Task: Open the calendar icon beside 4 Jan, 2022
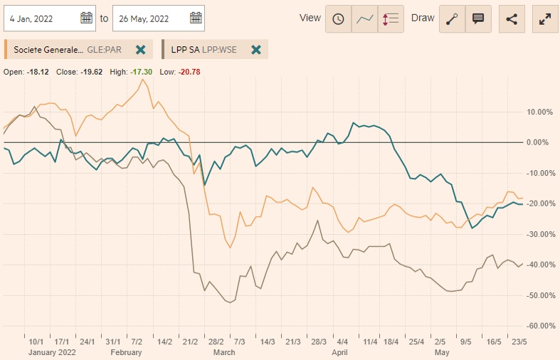[x=87, y=18]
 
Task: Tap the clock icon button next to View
[x=338, y=19]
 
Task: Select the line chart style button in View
[x=365, y=19]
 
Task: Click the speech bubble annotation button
[x=478, y=19]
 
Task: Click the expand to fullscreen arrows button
[x=545, y=19]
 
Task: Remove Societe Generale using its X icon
[x=141, y=50]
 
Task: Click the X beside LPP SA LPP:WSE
[x=256, y=50]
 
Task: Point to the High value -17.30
[x=144, y=72]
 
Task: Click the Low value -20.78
[x=190, y=72]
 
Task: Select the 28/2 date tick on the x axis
[x=215, y=342]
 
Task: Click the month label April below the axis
[x=339, y=352]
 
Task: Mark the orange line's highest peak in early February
[x=144, y=79]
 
